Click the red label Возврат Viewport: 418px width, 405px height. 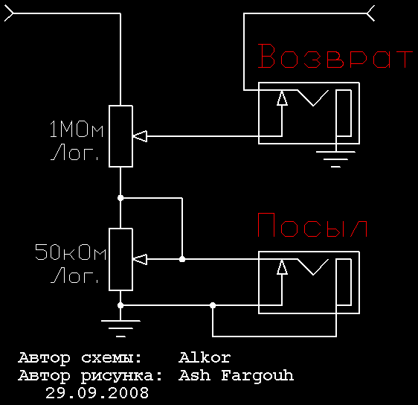[335, 56]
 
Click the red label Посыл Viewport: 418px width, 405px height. [312, 225]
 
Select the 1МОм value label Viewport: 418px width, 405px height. [77, 129]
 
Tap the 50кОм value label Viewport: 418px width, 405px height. [71, 252]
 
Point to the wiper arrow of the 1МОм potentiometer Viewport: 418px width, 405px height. [140, 136]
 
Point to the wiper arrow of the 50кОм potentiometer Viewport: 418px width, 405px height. [140, 259]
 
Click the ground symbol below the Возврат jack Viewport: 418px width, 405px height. [336, 159]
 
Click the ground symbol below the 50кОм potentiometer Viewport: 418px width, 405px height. [120, 328]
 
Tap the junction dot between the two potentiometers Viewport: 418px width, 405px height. [120, 198]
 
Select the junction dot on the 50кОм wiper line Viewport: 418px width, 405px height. [182, 259]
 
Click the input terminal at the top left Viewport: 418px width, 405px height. [8, 13]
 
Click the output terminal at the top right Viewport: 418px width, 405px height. [371, 13]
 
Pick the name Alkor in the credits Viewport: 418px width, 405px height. [205, 357]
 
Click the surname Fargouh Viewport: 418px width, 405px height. [257, 376]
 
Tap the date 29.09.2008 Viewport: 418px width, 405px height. [97, 393]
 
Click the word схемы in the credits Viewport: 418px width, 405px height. [111, 358]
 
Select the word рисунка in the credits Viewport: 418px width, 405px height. [121, 377]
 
